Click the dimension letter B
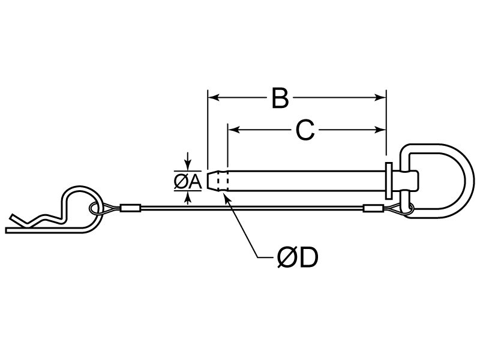coord(280,98)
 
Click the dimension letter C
coord(305,130)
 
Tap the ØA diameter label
coord(188,182)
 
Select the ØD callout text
coord(298,257)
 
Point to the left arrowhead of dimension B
coord(213,98)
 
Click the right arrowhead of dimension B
coord(380,98)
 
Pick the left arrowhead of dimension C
coord(233,130)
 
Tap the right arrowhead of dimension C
coord(380,130)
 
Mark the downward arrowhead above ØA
coord(188,166)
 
